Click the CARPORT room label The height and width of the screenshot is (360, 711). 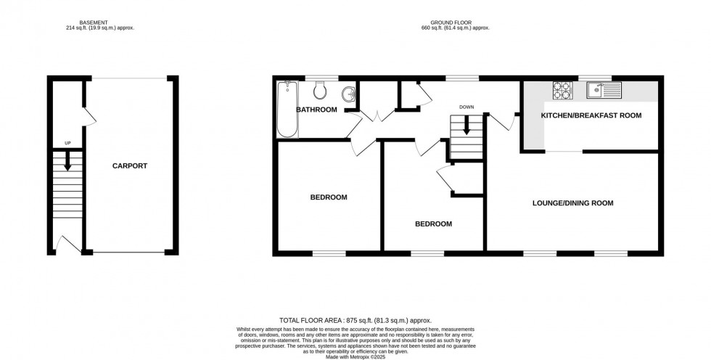(x=129, y=165)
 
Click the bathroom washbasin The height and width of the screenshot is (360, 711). (x=349, y=94)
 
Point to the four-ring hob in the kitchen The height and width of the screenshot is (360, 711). (x=562, y=90)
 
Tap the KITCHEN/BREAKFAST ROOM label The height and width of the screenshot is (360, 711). (x=591, y=115)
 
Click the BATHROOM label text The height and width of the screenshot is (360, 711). (x=316, y=110)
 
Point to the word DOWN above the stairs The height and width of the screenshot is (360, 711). (x=466, y=107)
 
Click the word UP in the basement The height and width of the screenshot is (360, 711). (x=67, y=143)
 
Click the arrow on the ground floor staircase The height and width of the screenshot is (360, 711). (x=466, y=126)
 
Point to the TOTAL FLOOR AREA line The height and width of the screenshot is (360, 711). (x=355, y=319)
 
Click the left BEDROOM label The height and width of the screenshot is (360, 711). (x=329, y=197)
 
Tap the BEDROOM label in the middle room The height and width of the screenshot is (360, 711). (x=433, y=224)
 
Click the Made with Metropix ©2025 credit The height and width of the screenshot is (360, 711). (x=355, y=356)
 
